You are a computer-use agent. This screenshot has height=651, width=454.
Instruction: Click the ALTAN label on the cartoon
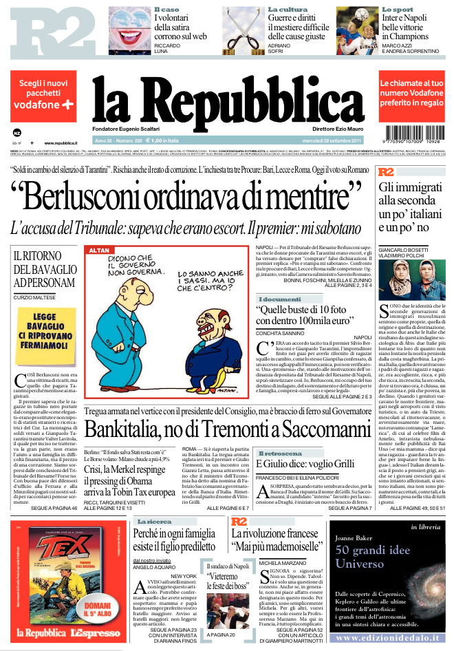point(99,249)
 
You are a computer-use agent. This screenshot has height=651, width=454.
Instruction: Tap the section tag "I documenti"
point(279,299)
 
